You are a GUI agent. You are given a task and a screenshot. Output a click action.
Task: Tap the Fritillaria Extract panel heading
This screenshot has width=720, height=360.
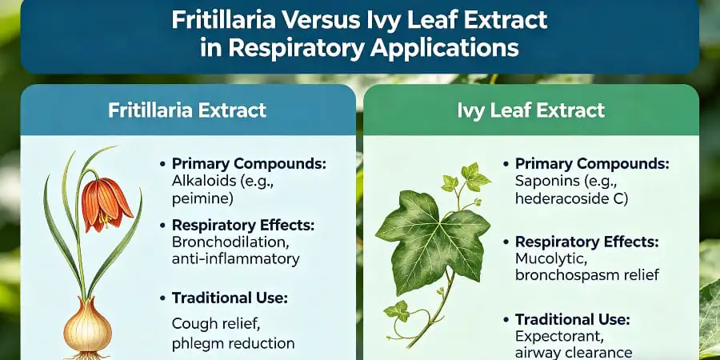pyautogui.click(x=187, y=110)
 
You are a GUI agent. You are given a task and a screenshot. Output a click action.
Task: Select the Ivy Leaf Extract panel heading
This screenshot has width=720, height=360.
pyautogui.click(x=531, y=110)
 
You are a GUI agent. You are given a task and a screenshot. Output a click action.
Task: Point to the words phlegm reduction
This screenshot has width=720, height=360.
pyautogui.click(x=233, y=343)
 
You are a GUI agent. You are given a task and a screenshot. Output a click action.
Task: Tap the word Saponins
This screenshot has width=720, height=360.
pyautogui.click(x=545, y=180)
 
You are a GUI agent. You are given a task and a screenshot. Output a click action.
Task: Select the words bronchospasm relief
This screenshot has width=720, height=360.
pyautogui.click(x=587, y=275)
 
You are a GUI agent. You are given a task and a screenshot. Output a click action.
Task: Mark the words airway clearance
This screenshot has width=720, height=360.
pyautogui.click(x=574, y=353)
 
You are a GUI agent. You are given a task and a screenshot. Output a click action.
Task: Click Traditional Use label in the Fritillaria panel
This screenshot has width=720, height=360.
pyautogui.click(x=230, y=298)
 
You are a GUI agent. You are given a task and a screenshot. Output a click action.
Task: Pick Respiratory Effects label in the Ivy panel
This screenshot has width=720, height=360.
pyautogui.click(x=587, y=241)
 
